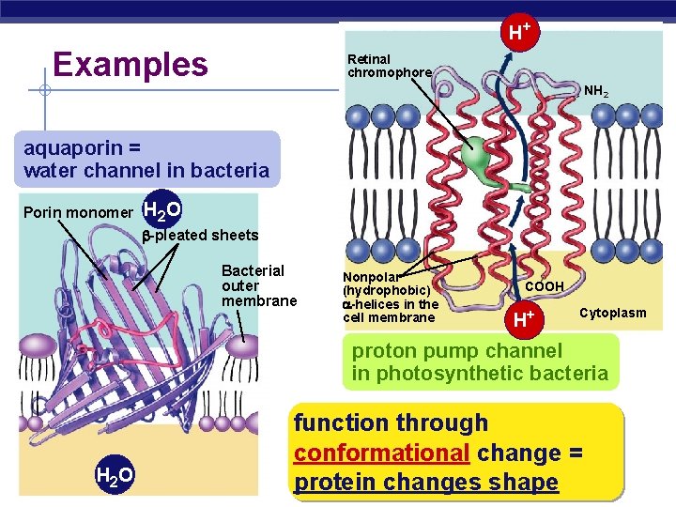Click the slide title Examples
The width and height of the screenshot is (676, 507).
(131, 65)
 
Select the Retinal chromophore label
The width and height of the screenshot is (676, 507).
(390, 66)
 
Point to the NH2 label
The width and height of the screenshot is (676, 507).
(596, 92)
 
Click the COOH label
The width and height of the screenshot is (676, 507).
(545, 285)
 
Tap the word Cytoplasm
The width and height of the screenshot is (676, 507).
(612, 313)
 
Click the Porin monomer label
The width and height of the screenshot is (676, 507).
(78, 212)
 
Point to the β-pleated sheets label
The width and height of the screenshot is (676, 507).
(199, 235)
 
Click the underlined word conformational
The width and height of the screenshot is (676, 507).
(381, 453)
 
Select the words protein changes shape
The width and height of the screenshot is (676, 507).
(425, 483)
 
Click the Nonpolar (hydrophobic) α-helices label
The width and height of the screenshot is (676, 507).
(390, 297)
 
